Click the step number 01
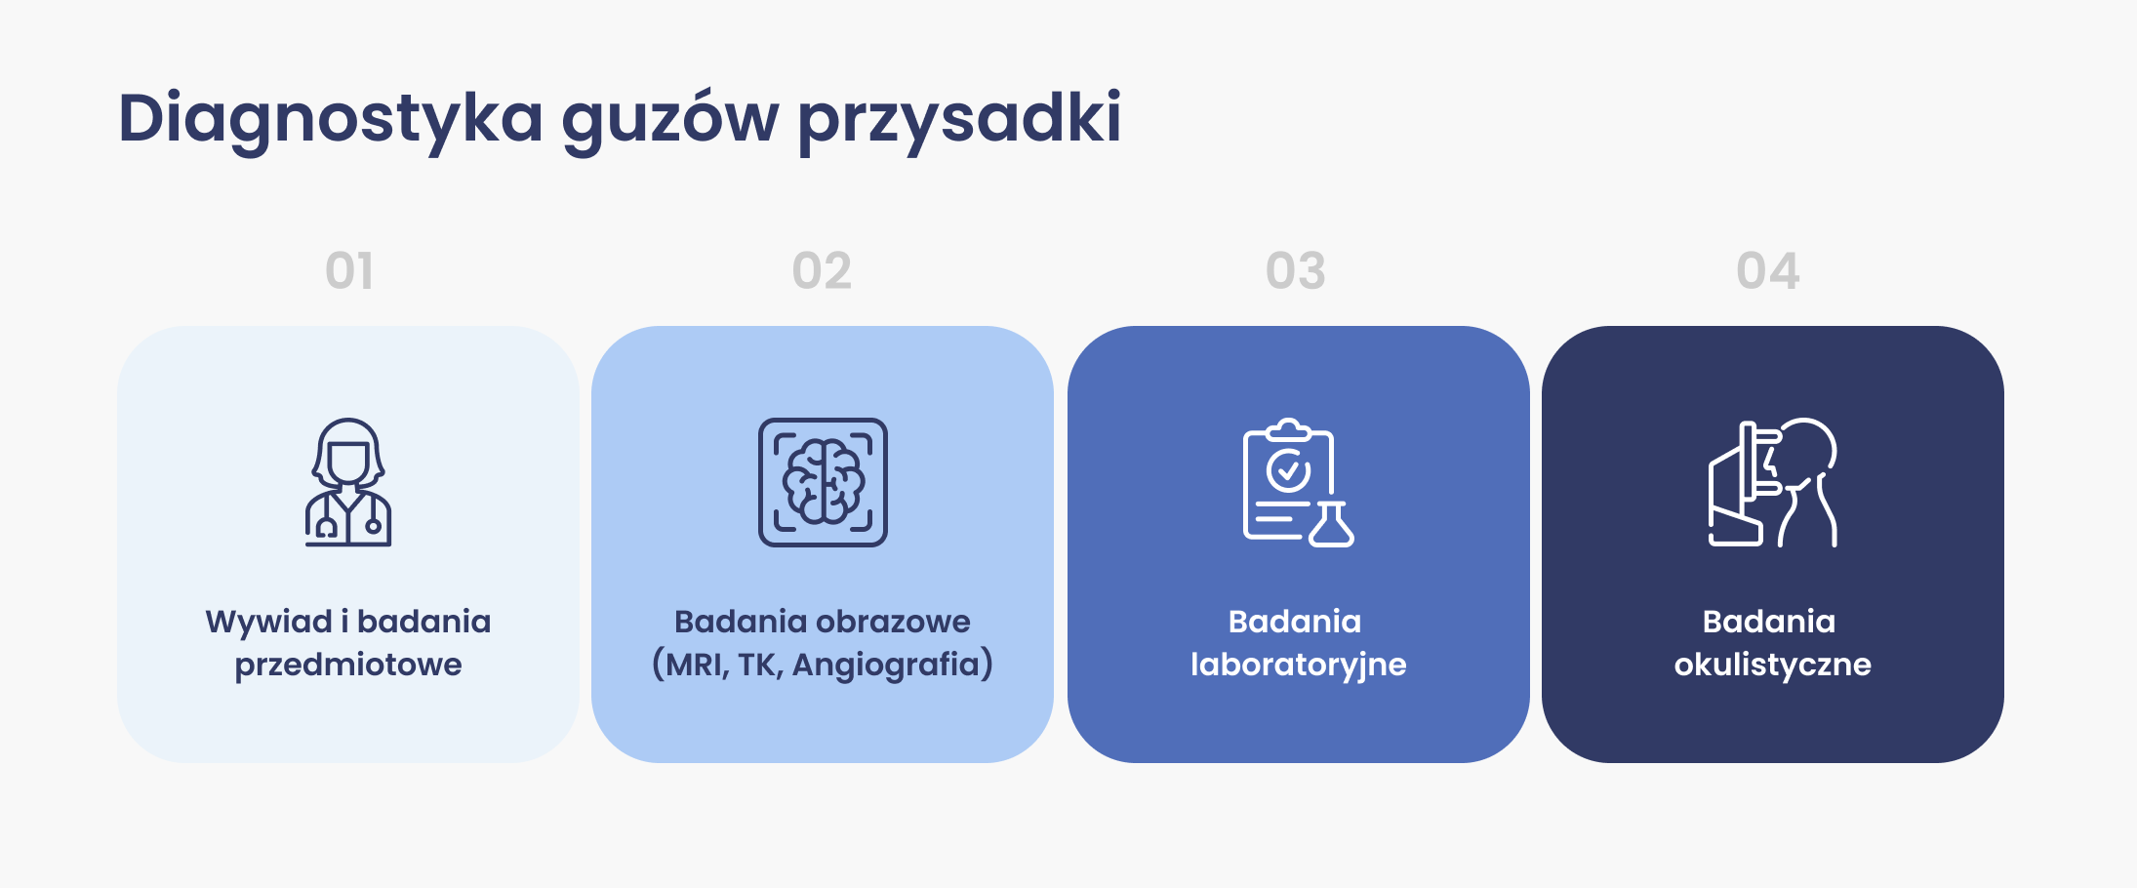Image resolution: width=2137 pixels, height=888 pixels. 349,270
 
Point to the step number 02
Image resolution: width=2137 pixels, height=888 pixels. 822,270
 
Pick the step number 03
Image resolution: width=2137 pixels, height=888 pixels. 1296,270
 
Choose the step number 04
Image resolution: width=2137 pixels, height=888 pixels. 1768,270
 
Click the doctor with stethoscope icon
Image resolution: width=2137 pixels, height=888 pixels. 348,482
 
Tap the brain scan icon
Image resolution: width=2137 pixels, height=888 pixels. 823,482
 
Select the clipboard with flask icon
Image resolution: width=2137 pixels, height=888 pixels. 1298,482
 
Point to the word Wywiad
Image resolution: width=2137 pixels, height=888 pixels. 269,622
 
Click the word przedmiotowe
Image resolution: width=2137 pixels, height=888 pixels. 348,666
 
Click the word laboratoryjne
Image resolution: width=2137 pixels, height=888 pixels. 1299,666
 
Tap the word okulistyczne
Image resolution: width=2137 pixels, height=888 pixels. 1773,666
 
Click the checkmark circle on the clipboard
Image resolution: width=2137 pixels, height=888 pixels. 1289,470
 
